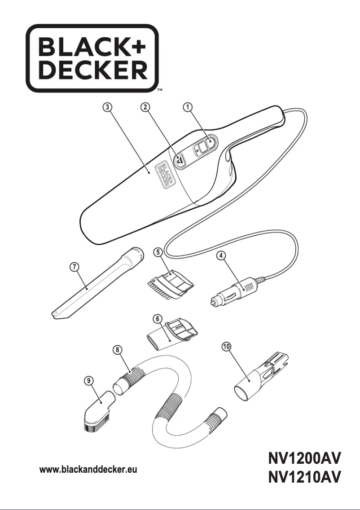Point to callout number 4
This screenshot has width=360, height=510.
(221, 255)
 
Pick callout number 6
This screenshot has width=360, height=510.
(158, 318)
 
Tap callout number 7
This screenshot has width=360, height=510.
(75, 267)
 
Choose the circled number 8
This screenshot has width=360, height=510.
(117, 349)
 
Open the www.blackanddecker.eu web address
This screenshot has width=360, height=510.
(88, 470)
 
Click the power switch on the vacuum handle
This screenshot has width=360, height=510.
(203, 147)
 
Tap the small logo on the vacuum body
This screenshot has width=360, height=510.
(164, 175)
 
